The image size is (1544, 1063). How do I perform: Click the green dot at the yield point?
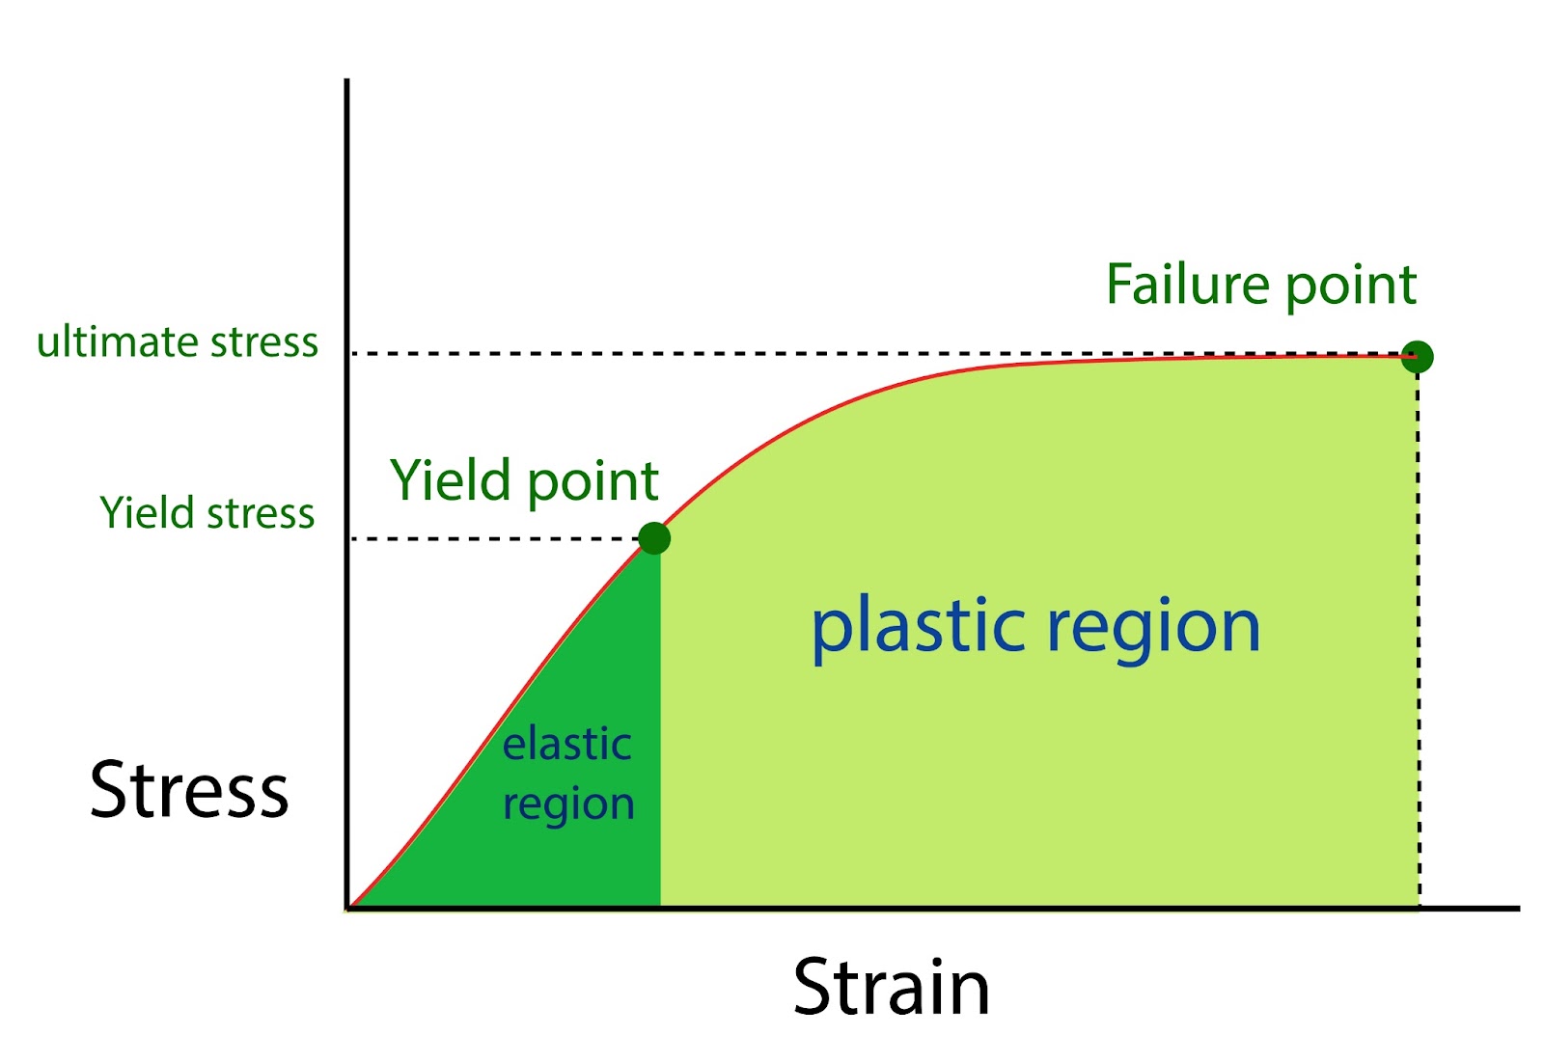point(654,537)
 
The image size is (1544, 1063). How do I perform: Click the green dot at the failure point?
point(1417,357)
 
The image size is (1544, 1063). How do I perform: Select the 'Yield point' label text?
point(524,480)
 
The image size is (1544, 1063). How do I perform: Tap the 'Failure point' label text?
point(1260,285)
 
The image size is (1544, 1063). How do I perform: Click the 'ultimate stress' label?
point(178,342)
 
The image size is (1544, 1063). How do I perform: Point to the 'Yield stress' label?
point(207,513)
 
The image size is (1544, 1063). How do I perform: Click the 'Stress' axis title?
point(189,790)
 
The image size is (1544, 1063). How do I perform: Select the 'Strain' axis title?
point(891,988)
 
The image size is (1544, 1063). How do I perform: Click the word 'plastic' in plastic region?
point(918,627)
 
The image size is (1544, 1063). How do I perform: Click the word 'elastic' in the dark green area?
point(567,745)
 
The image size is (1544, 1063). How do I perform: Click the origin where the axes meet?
point(347,908)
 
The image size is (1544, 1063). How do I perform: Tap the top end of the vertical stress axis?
point(346,83)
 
